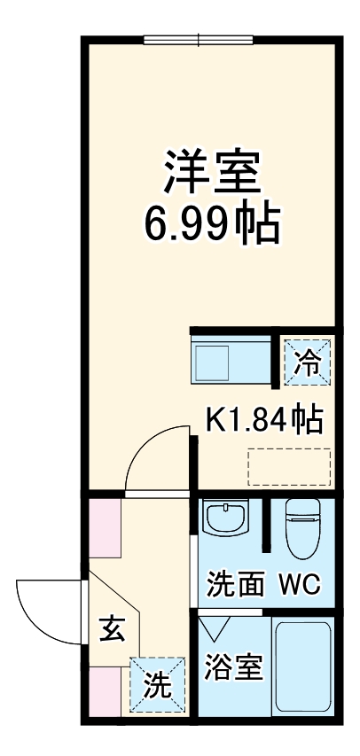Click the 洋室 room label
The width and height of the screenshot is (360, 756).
(211, 171)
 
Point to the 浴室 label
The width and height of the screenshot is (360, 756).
(233, 666)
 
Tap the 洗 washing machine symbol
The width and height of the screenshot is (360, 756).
(158, 684)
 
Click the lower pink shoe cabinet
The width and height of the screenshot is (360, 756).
(105, 691)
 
